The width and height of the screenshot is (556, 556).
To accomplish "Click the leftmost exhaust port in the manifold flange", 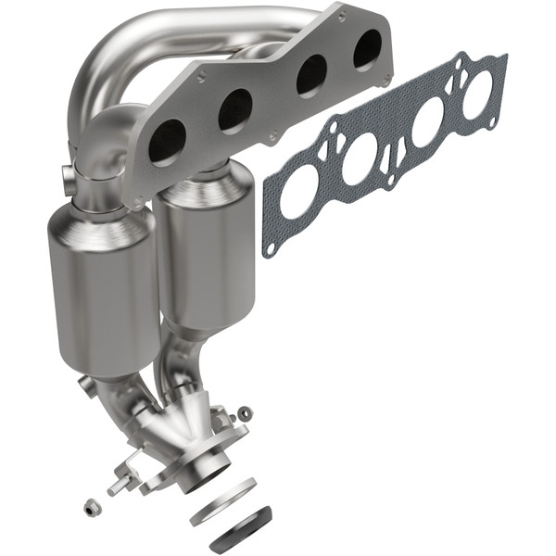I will [x=167, y=144].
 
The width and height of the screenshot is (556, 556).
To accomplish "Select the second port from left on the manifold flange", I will [x=235, y=110].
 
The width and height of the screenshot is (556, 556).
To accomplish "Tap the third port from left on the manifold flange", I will [x=310, y=75].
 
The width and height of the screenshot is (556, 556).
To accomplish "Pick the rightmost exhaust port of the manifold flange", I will [x=368, y=48].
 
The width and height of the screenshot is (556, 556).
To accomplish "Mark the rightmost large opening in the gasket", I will [x=478, y=94].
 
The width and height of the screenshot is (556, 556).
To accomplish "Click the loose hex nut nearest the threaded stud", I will [x=91, y=507].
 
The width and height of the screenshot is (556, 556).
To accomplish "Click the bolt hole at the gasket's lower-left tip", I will [x=269, y=249].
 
